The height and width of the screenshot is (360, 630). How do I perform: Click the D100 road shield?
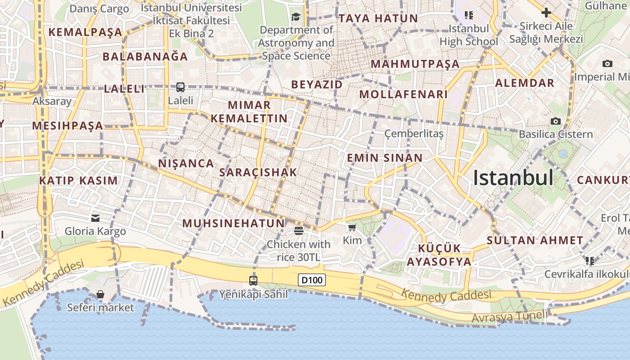(312, 280)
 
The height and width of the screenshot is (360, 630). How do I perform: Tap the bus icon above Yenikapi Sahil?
(253, 281)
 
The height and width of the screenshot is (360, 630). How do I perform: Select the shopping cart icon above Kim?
(352, 228)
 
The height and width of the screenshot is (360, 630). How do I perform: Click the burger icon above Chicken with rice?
(298, 231)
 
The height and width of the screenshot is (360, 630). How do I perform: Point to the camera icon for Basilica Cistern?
(556, 121)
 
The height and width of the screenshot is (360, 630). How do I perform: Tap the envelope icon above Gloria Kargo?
(95, 218)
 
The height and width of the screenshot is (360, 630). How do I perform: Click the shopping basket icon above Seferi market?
(100, 294)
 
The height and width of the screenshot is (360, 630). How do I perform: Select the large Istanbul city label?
(513, 178)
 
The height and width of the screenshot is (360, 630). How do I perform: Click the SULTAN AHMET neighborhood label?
(535, 240)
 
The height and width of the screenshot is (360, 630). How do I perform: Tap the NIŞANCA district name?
(186, 163)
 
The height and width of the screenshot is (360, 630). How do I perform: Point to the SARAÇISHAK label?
(258, 172)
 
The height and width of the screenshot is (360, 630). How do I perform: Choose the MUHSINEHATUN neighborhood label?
(234, 223)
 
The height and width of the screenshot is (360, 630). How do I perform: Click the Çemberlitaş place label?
(414, 134)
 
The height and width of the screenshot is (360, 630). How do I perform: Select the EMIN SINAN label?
(385, 158)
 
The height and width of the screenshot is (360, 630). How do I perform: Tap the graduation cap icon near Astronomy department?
(296, 17)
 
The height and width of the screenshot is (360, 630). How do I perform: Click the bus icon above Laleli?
(180, 87)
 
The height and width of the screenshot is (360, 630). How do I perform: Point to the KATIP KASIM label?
(78, 181)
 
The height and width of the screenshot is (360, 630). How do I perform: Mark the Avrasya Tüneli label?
(509, 316)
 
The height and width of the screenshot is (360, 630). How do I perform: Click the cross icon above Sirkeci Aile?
(546, 13)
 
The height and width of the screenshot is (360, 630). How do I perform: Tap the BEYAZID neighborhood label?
(317, 85)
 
